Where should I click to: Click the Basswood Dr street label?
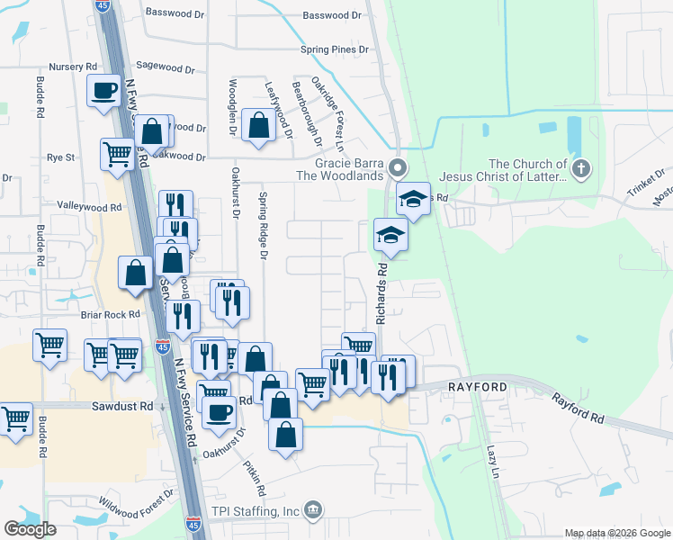pos(332,15)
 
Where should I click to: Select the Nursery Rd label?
pos(73,67)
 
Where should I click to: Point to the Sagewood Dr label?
pos(164,68)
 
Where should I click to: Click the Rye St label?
pos(60,157)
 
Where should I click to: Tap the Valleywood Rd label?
pos(89,207)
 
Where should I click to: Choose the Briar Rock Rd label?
pos(110,315)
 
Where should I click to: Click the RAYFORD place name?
pos(486,387)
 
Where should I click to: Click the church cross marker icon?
pos(581,167)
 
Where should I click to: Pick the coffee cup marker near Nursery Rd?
pos(103,90)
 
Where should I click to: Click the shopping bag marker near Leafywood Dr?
pos(259,126)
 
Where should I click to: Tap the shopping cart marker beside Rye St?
pos(118,154)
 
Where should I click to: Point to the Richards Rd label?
pos(381,292)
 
